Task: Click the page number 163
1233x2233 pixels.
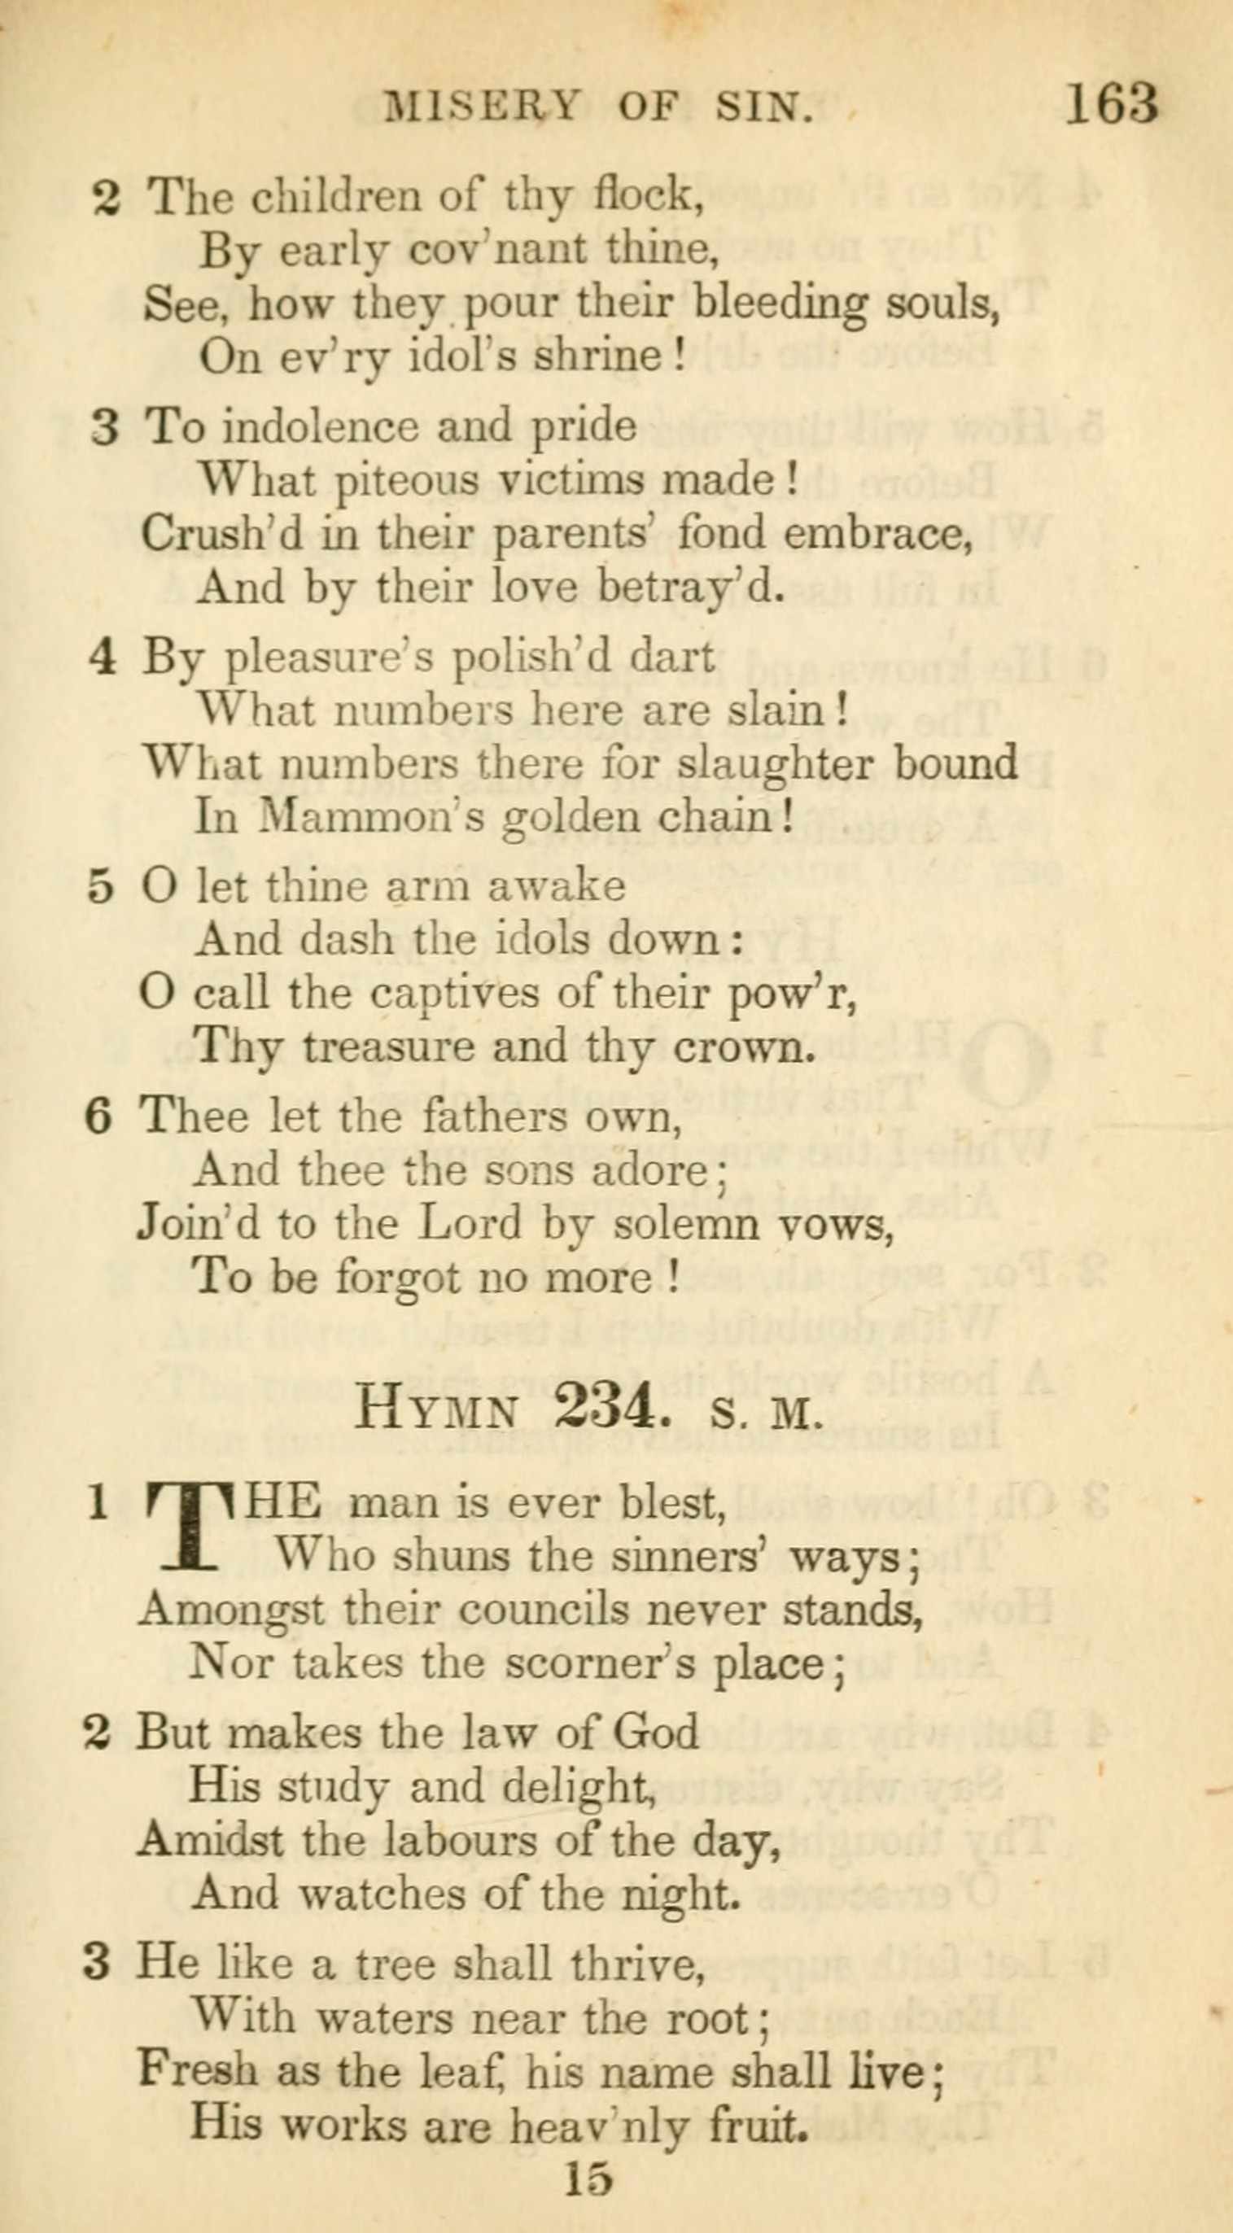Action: click(1110, 104)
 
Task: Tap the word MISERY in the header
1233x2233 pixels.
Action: click(482, 107)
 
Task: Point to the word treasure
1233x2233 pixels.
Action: click(387, 1047)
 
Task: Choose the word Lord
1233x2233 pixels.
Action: click(469, 1223)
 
